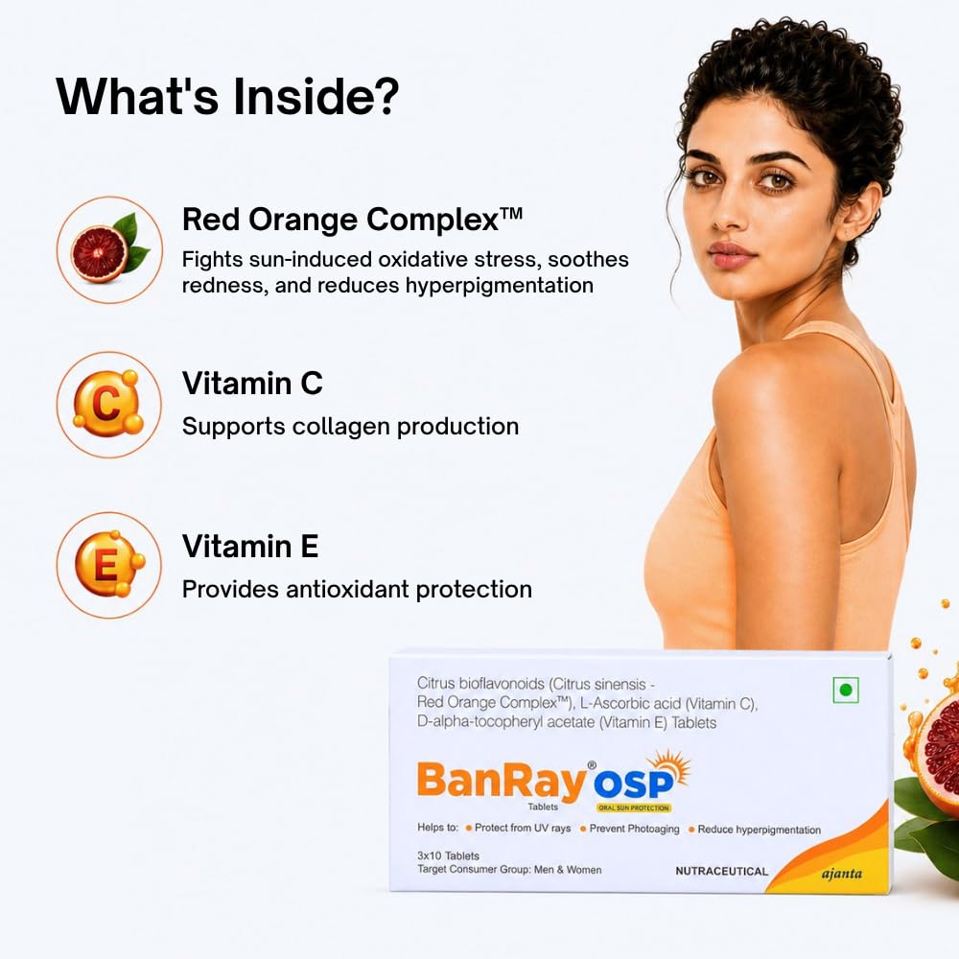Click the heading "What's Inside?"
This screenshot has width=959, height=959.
227,97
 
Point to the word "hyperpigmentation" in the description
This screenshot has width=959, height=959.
499,286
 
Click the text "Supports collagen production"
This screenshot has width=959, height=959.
350,427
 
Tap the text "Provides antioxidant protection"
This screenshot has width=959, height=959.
357,590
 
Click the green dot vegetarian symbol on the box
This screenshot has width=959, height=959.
846,690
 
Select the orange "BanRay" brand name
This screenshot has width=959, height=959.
502,780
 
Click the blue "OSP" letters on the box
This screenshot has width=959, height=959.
633,784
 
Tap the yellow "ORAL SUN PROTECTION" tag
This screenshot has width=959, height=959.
634,807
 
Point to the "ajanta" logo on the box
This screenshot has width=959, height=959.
842,874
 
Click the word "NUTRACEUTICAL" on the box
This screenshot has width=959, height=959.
722,871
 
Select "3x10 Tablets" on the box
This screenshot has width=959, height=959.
448,855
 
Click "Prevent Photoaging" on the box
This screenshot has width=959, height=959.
634,829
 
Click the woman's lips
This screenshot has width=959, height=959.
732,254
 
